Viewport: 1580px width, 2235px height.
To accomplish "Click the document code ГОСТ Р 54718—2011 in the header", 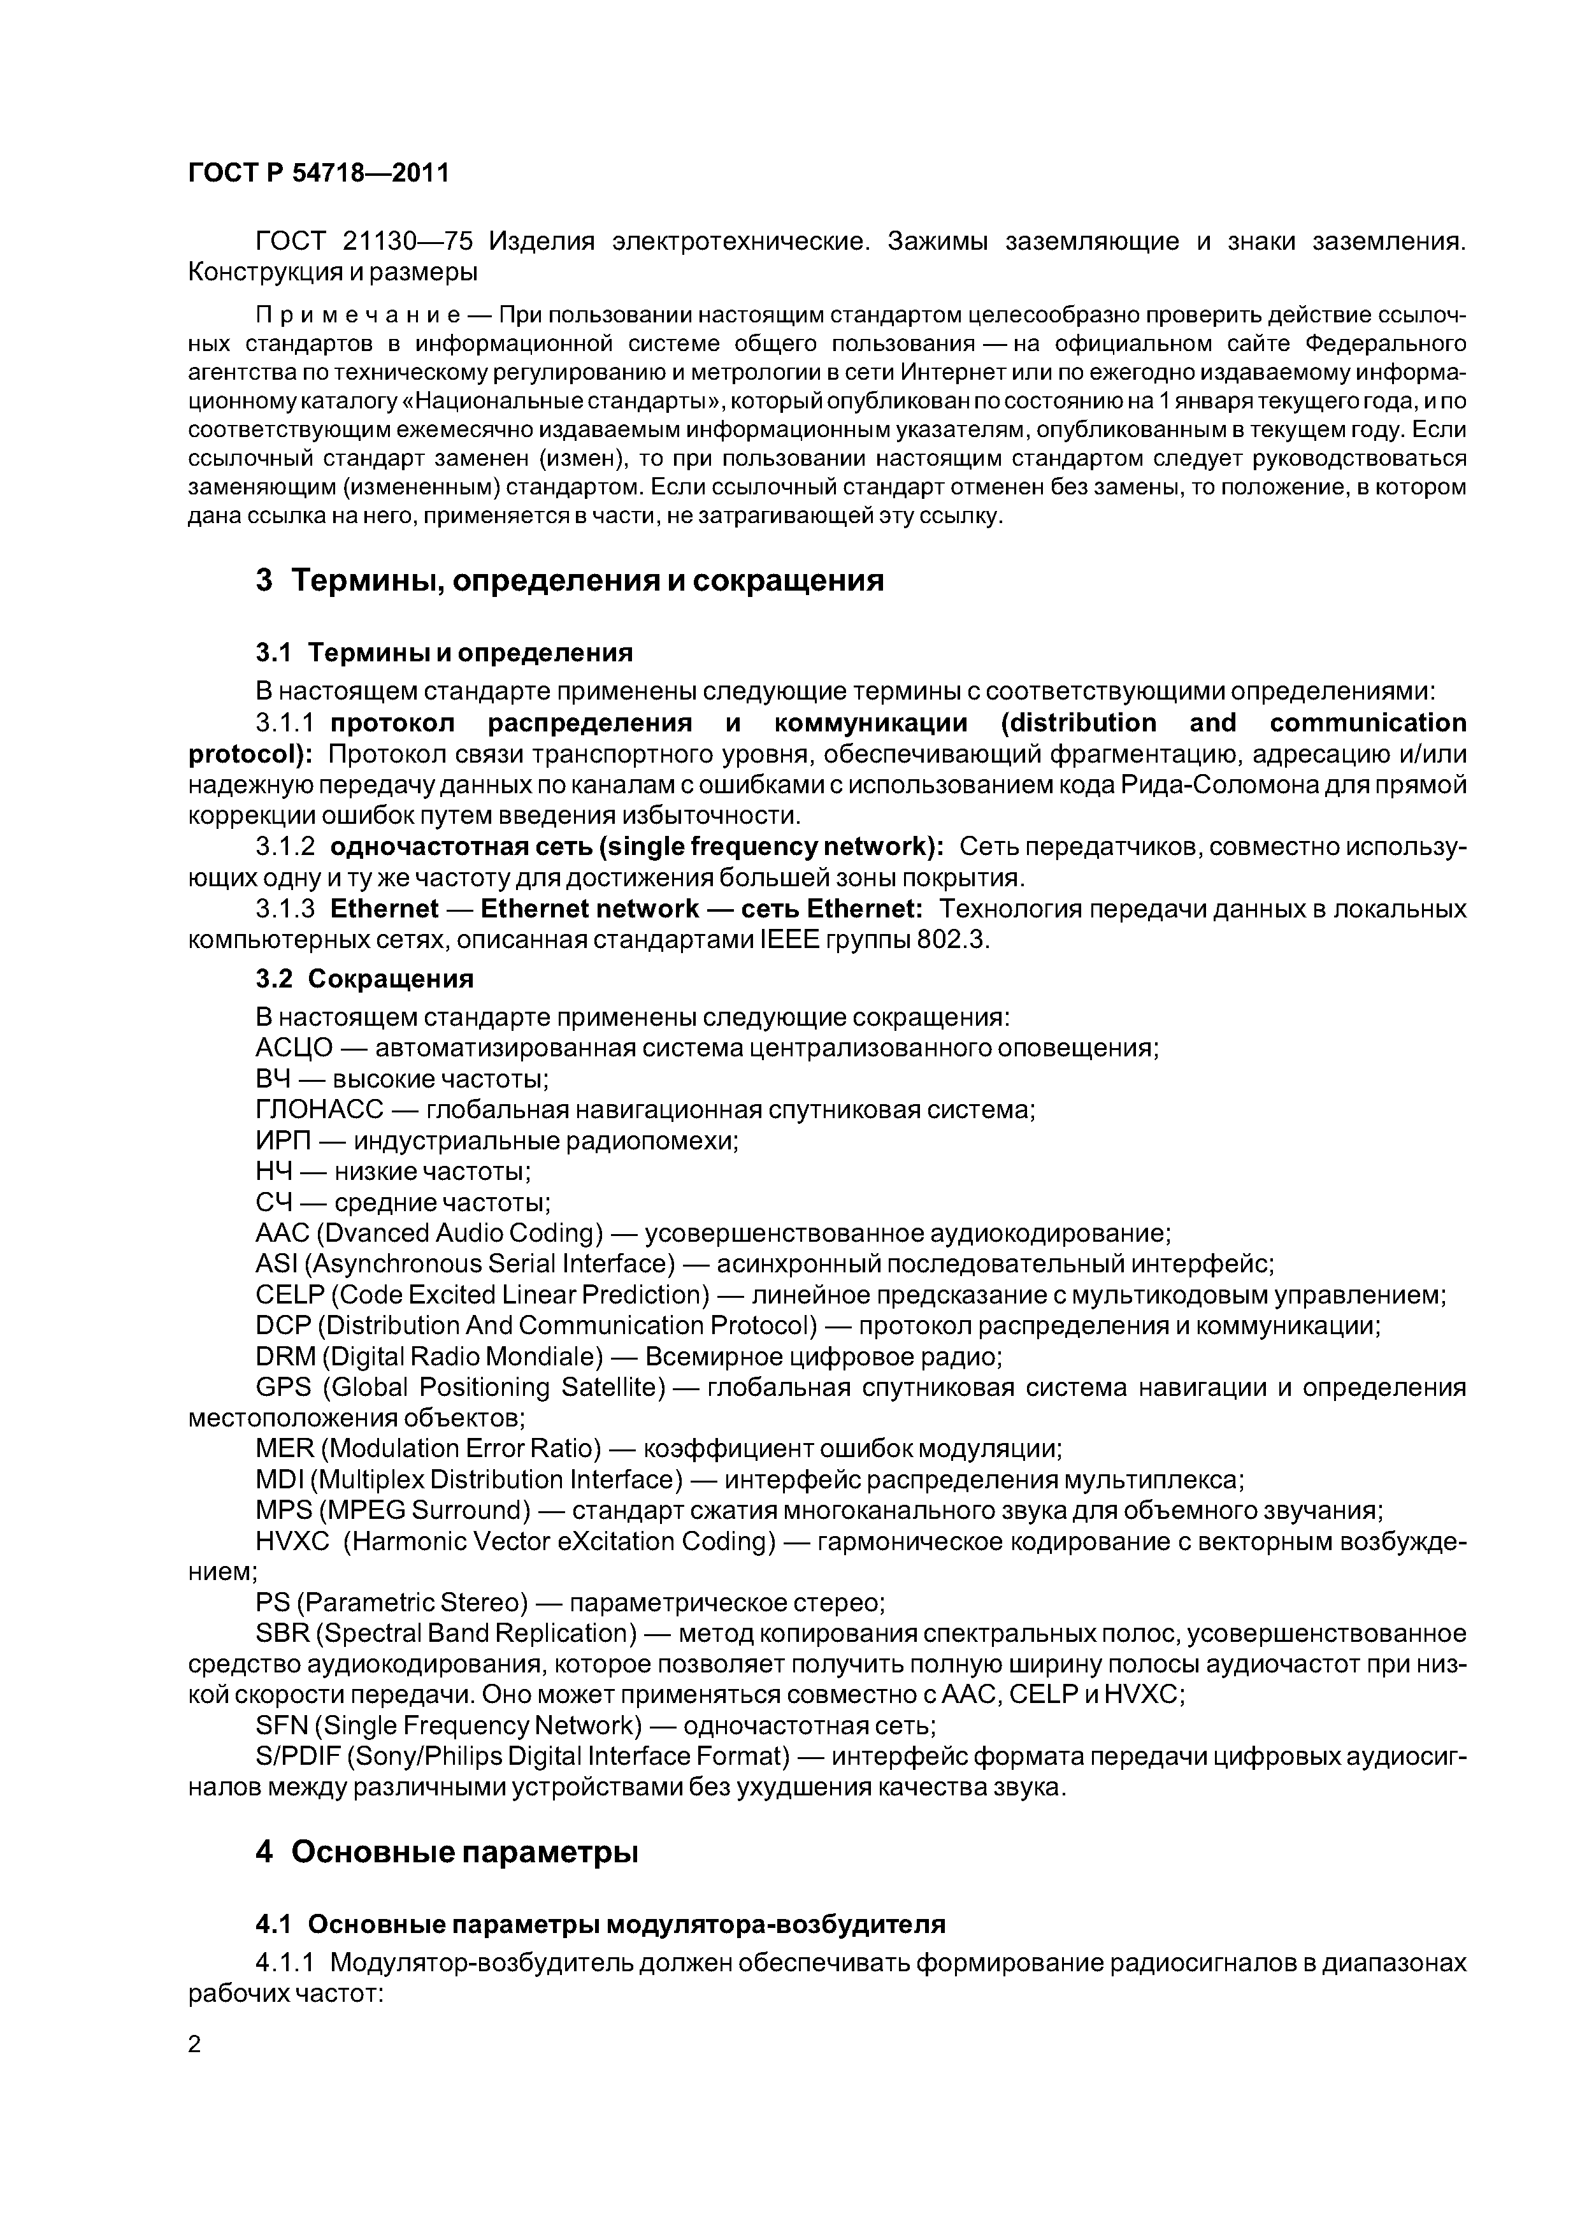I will click(319, 173).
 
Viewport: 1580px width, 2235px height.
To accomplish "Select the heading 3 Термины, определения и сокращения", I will click(570, 581).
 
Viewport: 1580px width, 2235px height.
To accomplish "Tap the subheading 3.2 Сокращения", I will click(364, 979).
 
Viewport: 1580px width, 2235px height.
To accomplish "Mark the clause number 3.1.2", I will click(285, 848).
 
